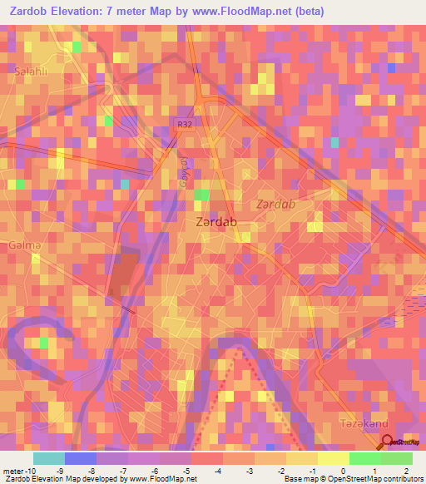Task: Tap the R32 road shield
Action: click(184, 124)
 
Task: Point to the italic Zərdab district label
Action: click(275, 204)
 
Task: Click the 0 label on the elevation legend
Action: click(343, 470)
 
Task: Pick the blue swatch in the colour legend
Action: click(81, 458)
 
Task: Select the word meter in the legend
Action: click(12, 470)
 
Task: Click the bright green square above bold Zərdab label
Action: click(202, 195)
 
